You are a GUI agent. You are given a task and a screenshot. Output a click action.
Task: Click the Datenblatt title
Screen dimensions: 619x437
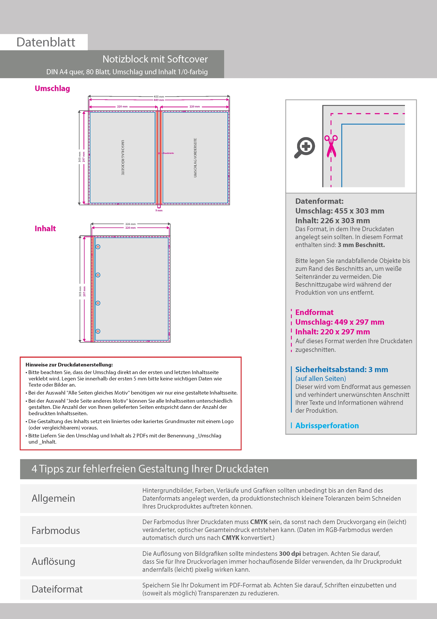point(46,42)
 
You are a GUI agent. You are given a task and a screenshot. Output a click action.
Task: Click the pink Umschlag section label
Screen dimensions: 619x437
point(52,88)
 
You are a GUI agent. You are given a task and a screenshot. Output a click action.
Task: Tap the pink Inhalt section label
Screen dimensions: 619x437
point(45,229)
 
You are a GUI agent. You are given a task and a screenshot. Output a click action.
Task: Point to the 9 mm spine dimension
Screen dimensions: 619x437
point(159,211)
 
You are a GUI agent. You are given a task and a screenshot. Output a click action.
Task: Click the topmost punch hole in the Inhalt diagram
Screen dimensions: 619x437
point(98,247)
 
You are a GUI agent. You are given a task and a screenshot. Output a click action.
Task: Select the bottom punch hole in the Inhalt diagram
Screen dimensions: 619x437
point(98,331)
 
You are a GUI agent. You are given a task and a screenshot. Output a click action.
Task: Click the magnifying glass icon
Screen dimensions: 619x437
point(304,148)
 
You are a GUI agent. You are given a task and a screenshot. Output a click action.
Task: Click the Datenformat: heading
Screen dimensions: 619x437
point(319,201)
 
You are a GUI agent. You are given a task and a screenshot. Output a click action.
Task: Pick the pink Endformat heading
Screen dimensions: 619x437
point(314,312)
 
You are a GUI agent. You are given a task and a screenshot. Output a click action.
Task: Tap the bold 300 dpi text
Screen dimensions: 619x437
point(290,554)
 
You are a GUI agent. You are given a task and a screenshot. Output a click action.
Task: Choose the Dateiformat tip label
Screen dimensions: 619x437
point(57,589)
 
